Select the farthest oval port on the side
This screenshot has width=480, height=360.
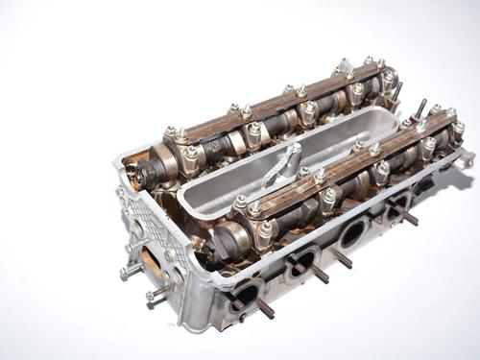coord(398,204)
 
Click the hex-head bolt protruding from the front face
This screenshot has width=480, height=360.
coord(130,274)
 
